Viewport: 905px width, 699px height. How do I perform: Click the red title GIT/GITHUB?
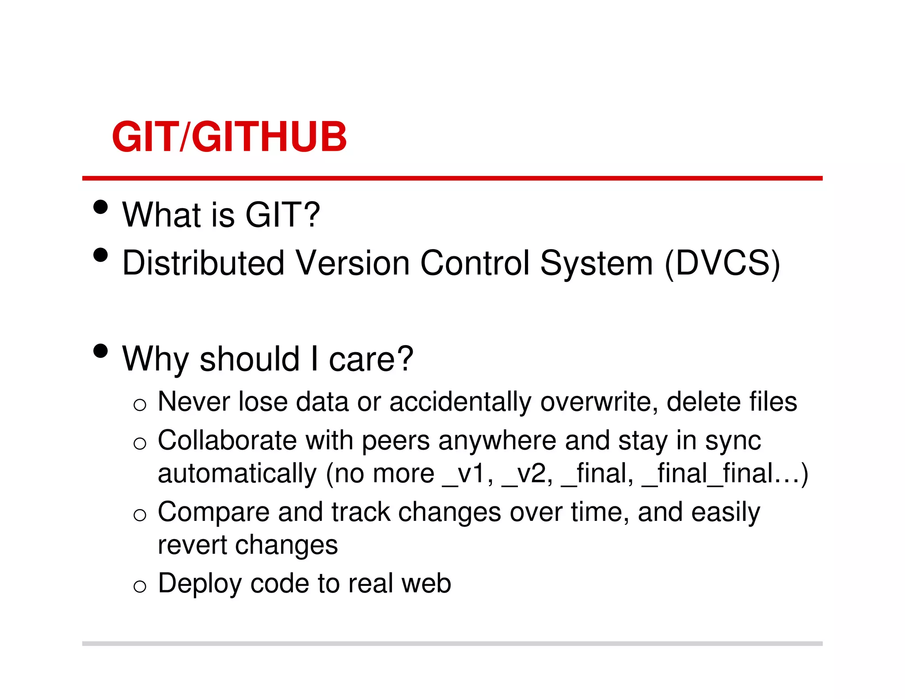click(x=229, y=137)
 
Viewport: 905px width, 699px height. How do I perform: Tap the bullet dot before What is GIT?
click(x=101, y=207)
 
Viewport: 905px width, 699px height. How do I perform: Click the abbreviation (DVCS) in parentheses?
click(x=722, y=263)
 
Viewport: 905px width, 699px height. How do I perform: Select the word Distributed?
click(x=203, y=263)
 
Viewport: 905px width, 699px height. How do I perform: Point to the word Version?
click(x=353, y=263)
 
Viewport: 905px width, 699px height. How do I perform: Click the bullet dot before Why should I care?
click(x=101, y=351)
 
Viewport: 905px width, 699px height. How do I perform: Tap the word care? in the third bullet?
click(x=371, y=359)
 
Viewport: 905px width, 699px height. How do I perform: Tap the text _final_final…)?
click(x=725, y=474)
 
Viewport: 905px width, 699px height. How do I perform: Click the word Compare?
click(x=213, y=513)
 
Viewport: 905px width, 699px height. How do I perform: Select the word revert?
click(x=192, y=545)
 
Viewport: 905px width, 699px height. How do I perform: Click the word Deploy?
click(x=200, y=584)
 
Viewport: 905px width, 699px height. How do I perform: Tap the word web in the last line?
click(x=426, y=584)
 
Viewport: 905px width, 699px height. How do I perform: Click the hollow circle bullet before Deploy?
click(x=140, y=586)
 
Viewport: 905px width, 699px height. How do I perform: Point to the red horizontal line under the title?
click(x=452, y=178)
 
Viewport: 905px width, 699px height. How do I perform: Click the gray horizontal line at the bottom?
click(x=452, y=643)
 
